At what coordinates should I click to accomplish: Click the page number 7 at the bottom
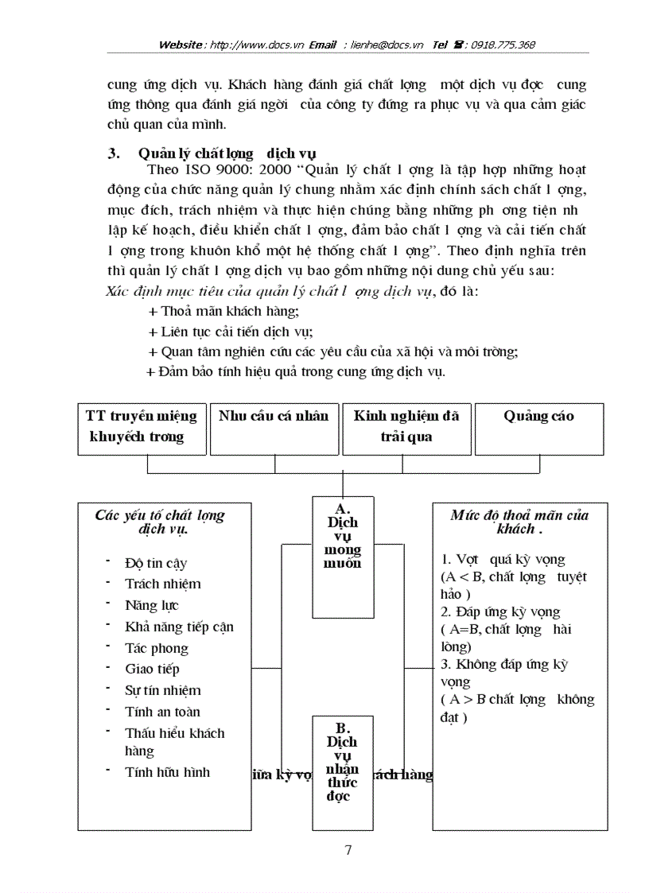(348, 850)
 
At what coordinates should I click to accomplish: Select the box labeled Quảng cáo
(538, 429)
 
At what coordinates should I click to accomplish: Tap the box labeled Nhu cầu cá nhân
(273, 429)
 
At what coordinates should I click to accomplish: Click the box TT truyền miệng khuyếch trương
(141, 429)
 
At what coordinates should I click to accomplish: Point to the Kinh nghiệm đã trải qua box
(406, 429)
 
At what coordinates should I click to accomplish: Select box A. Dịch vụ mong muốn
(343, 556)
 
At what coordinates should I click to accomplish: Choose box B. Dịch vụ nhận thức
(343, 771)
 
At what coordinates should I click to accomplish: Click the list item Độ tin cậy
(156, 563)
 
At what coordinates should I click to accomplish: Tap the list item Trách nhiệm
(162, 584)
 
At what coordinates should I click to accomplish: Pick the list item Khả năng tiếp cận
(179, 627)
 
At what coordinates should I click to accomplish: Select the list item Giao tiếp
(152, 669)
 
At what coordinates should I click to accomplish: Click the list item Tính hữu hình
(167, 771)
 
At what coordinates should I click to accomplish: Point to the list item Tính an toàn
(162, 712)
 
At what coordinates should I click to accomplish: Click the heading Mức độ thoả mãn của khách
(519, 522)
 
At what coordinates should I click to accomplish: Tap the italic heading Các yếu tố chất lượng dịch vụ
(159, 522)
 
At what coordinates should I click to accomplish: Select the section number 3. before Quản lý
(114, 154)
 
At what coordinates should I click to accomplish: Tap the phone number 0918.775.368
(502, 45)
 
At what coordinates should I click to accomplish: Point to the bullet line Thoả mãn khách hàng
(223, 311)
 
